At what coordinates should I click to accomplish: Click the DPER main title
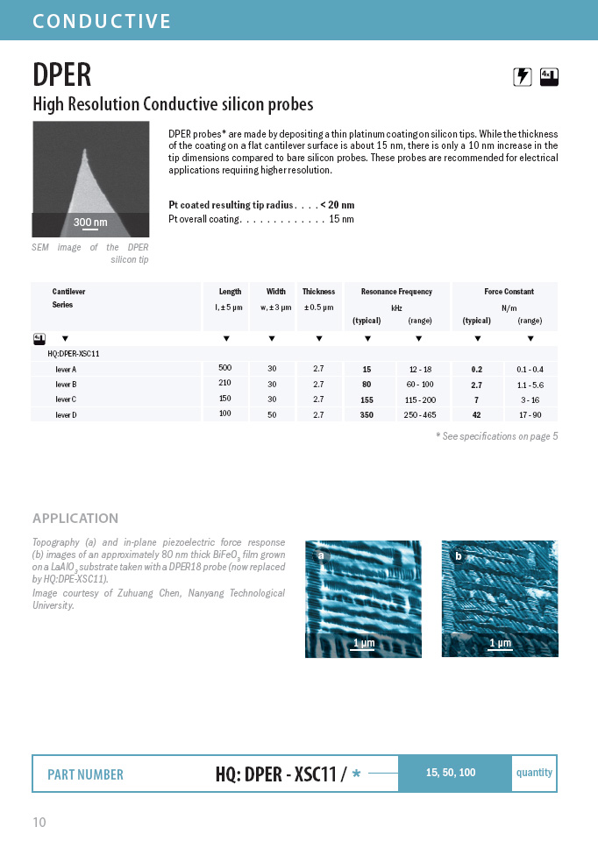point(61,74)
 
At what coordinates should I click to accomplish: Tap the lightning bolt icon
point(523,77)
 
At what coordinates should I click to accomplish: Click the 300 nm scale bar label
point(89,223)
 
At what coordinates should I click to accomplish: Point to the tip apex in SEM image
point(88,151)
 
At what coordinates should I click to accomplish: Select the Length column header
point(230,292)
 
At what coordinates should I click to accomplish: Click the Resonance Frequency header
point(396,292)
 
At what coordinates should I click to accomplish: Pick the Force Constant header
point(509,292)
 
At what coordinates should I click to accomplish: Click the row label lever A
point(67,369)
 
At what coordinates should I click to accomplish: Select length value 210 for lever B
point(224,383)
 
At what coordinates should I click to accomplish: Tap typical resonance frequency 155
point(367,399)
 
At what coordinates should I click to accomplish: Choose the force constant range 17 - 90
point(529,414)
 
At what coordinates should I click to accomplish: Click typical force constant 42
point(476,414)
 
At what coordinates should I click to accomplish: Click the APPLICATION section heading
point(75,519)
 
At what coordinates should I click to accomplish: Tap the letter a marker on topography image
point(321,555)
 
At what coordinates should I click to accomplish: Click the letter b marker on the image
point(458,555)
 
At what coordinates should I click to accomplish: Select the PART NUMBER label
point(85,774)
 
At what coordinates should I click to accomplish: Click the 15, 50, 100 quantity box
point(451,773)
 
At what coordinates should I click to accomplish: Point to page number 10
point(39,823)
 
